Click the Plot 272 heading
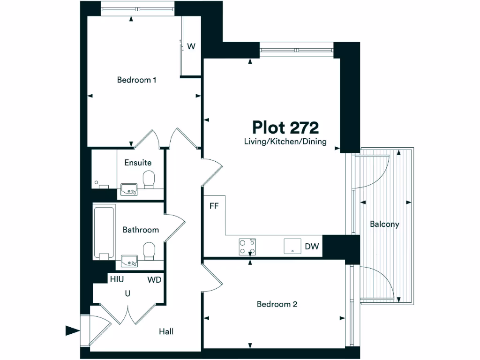[285, 127]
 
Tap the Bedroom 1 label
[136, 80]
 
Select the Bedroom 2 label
[277, 304]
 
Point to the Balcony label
[384, 224]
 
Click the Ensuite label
[138, 163]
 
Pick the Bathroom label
[141, 230]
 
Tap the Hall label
[166, 331]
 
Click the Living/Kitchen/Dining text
[285, 141]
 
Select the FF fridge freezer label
[214, 205]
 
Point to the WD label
[154, 280]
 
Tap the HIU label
[117, 279]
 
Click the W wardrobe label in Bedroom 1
[191, 46]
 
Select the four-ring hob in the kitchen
[248, 247]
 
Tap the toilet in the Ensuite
[149, 179]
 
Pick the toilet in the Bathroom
[149, 250]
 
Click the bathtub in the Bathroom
[104, 232]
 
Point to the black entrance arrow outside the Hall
[72, 330]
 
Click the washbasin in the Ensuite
[129, 189]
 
